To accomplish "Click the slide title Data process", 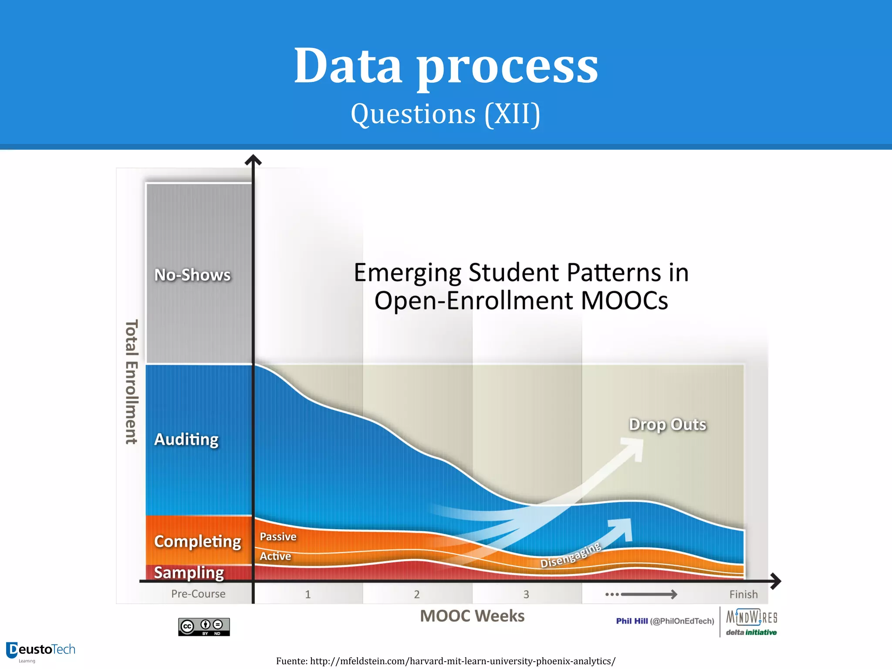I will [446, 66].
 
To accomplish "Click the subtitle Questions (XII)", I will [446, 114].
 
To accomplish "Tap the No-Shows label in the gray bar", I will [193, 275].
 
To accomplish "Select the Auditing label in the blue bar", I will [186, 439].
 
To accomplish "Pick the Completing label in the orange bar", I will [197, 541].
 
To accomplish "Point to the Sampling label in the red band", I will [189, 573].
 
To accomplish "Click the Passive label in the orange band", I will [278, 537].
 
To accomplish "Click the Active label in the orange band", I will [275, 556].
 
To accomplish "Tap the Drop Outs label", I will [667, 425].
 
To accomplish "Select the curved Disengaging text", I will [571, 556].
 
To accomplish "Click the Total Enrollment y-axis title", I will [132, 382].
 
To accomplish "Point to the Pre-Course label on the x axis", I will [198, 594].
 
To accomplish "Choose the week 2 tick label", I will [417, 595].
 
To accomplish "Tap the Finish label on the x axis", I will [743, 595].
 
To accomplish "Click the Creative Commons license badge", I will [204, 627].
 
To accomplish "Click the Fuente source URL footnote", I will [446, 661].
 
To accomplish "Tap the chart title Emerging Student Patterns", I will [521, 286].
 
